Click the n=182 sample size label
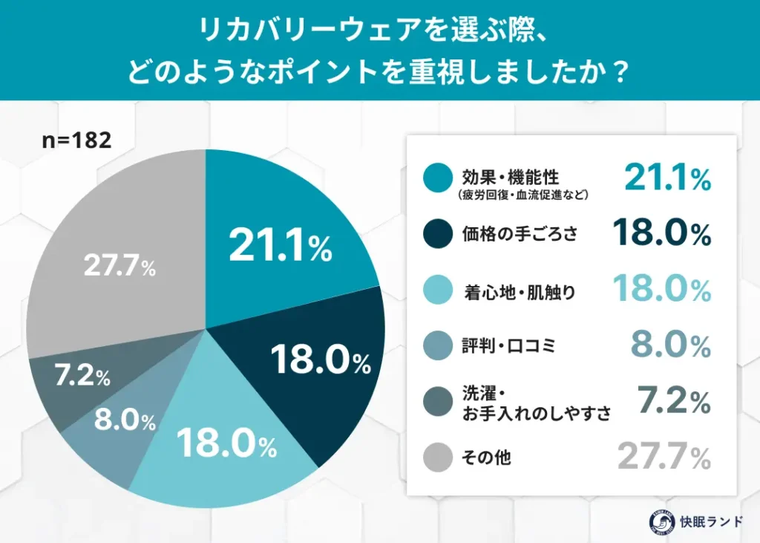(76, 140)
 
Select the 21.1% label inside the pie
(280, 246)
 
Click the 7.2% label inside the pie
(82, 377)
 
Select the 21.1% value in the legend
(666, 178)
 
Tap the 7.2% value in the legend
(674, 402)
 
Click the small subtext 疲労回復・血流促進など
(522, 195)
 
